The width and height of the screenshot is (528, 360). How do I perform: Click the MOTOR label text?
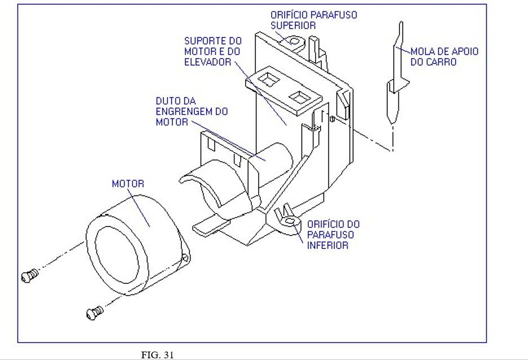(x=128, y=184)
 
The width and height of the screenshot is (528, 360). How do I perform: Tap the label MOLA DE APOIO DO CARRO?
(x=444, y=56)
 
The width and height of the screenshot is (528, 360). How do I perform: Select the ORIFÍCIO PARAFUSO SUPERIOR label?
(x=313, y=20)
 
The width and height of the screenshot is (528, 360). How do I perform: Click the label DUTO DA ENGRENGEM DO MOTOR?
(x=192, y=111)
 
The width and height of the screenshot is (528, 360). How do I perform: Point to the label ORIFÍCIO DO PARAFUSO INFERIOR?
(x=333, y=234)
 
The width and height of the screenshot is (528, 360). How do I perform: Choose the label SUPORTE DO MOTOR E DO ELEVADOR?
(x=213, y=51)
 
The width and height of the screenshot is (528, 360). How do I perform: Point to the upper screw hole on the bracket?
(x=293, y=41)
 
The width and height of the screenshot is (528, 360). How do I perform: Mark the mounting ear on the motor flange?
(x=185, y=259)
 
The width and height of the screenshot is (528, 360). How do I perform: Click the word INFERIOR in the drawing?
(x=328, y=245)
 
